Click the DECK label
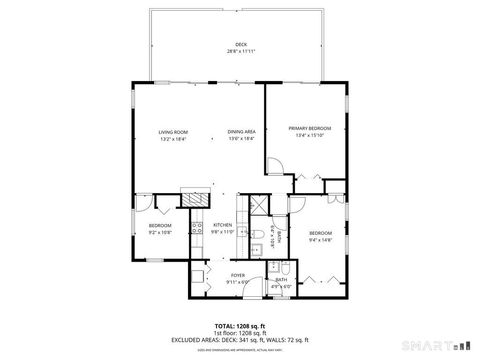pyautogui.click(x=240, y=45)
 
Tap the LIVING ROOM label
pyautogui.click(x=173, y=132)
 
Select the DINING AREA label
pyautogui.click(x=240, y=132)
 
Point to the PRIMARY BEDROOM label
pyautogui.click(x=309, y=128)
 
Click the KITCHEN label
pyautogui.click(x=222, y=225)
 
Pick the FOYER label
pyautogui.click(x=238, y=274)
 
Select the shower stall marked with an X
pyautogui.click(x=257, y=204)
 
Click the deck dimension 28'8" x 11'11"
pyautogui.click(x=240, y=51)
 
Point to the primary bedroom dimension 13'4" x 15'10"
pyautogui.click(x=309, y=135)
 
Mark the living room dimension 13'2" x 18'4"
pyautogui.click(x=173, y=139)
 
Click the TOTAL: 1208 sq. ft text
pyautogui.click(x=240, y=325)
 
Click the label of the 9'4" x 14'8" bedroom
pyautogui.click(x=319, y=232)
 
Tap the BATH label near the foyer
pyautogui.click(x=283, y=281)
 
